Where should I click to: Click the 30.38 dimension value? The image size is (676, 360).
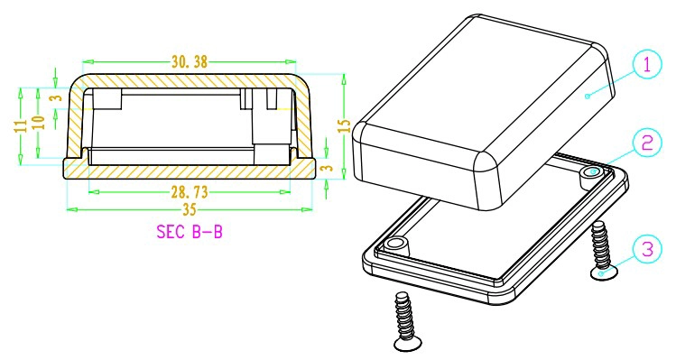pyautogui.click(x=190, y=62)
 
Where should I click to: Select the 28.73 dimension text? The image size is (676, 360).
pyautogui.click(x=190, y=192)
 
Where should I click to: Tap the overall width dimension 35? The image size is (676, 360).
pyautogui.click(x=189, y=210)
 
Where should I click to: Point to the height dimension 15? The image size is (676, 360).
pyautogui.click(x=344, y=125)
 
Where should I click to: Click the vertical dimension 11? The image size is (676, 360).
pyautogui.click(x=21, y=125)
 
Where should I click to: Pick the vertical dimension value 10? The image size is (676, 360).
pyautogui.click(x=39, y=123)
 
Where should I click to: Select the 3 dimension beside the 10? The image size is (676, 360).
pyautogui.click(x=56, y=97)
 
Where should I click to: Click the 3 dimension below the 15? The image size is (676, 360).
pyautogui.click(x=329, y=167)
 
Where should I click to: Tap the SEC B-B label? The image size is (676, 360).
pyautogui.click(x=190, y=232)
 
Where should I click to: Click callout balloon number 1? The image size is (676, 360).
pyautogui.click(x=647, y=65)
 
